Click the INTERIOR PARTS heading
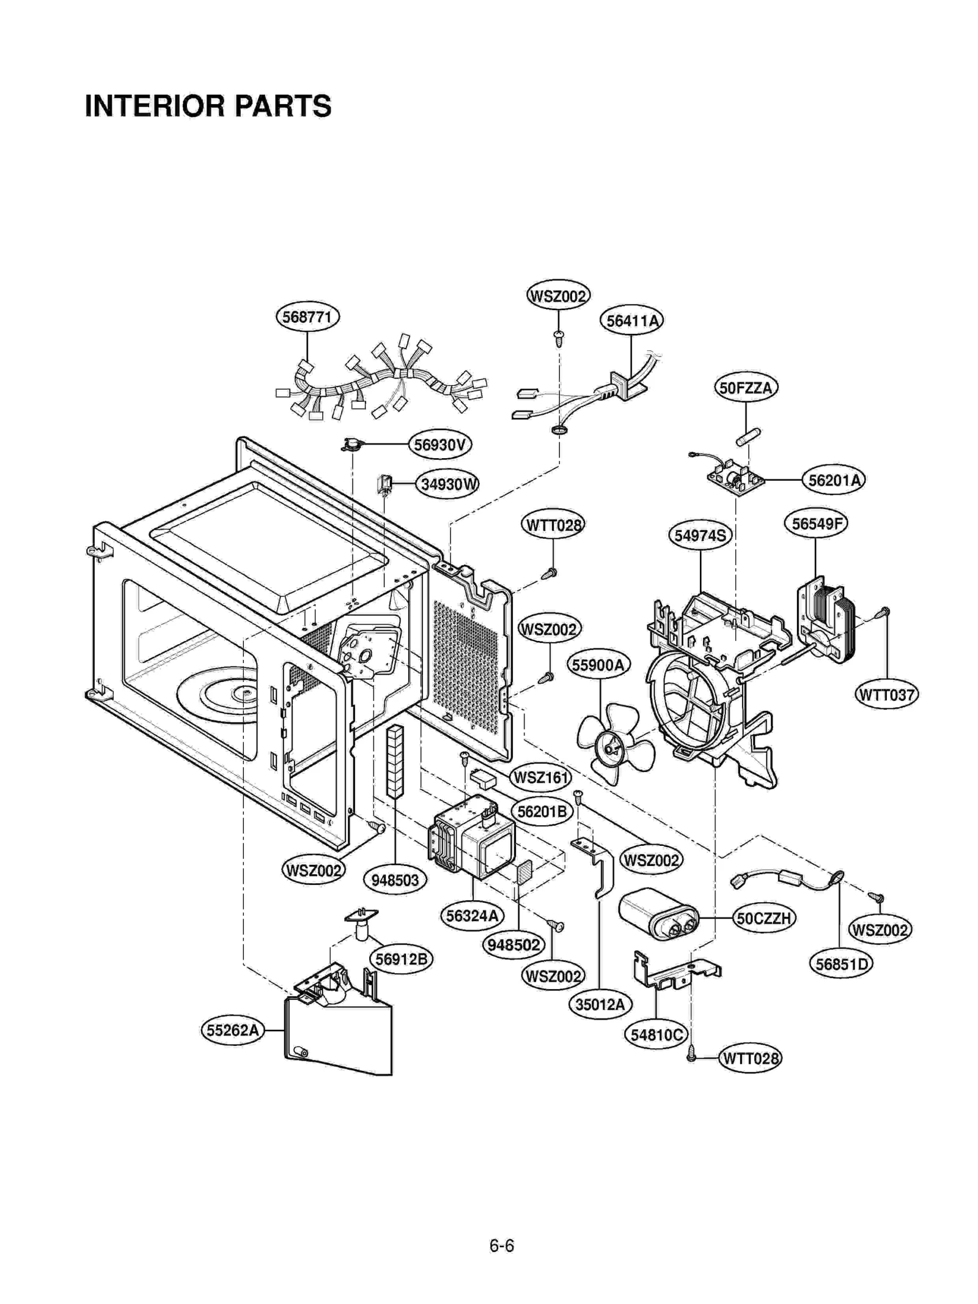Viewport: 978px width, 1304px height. pos(208,106)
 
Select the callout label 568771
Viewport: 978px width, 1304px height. pos(307,317)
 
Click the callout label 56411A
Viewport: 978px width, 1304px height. pos(631,320)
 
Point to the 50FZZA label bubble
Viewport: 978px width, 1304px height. pos(746,388)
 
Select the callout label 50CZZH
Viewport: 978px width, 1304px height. pos(764,918)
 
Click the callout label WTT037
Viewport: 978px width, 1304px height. pos(886,695)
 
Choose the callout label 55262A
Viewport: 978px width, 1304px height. pos(232,1030)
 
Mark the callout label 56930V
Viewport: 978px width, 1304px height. pos(439,445)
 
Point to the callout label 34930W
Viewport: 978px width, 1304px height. pos(448,484)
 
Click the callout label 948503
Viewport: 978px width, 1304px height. pos(395,880)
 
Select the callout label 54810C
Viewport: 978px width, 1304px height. pos(656,1035)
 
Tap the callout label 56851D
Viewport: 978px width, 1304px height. pos(842,964)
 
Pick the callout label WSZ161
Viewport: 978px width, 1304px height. pos(540,777)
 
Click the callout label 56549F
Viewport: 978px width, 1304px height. pos(815,524)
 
